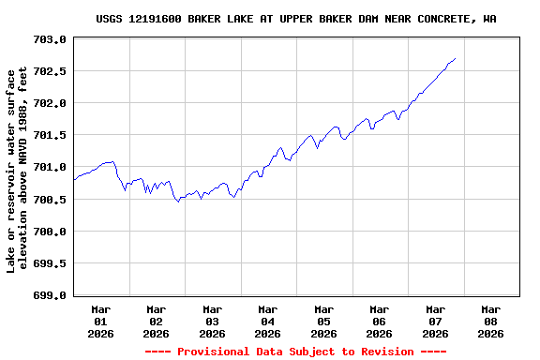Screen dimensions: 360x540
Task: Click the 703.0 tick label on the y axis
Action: pyautogui.click(x=50, y=40)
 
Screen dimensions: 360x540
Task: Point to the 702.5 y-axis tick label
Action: pyautogui.click(x=50, y=72)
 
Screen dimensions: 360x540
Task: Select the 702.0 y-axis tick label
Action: pyautogui.click(x=50, y=104)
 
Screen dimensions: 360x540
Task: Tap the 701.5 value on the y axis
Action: pyautogui.click(x=50, y=136)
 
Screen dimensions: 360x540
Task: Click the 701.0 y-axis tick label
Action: pyautogui.click(x=50, y=168)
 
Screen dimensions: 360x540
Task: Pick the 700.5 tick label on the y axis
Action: pyautogui.click(x=50, y=200)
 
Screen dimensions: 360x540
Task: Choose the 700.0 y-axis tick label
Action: pyautogui.click(x=50, y=232)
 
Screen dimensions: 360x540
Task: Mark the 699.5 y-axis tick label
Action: pyautogui.click(x=50, y=263)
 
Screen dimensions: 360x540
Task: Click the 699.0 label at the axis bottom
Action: pyautogui.click(x=50, y=295)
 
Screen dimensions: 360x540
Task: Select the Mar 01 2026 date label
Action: pyautogui.click(x=101, y=321)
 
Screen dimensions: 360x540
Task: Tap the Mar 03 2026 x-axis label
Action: pyautogui.click(x=213, y=321)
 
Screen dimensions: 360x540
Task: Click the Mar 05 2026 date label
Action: pyautogui.click(x=323, y=321)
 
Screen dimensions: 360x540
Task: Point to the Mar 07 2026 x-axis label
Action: pyautogui.click(x=435, y=321)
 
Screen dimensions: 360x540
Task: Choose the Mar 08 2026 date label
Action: pyautogui.click(x=490, y=321)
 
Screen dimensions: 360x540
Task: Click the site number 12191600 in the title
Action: pyautogui.click(x=160, y=19)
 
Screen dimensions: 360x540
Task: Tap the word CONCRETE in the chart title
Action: pyautogui.click(x=443, y=19)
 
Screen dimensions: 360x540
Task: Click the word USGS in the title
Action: pyautogui.click(x=110, y=19)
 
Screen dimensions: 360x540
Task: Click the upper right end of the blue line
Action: pyautogui.click(x=455, y=59)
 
